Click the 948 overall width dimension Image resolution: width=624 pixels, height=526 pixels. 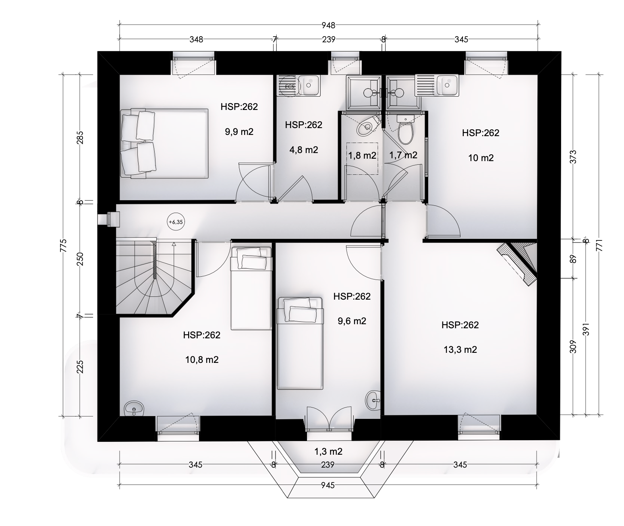[328, 25]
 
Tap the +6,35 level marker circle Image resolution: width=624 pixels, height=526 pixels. [176, 222]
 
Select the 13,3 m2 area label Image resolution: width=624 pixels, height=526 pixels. [460, 349]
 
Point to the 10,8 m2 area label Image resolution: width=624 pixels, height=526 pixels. [202, 360]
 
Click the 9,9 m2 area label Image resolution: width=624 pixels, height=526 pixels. [239, 131]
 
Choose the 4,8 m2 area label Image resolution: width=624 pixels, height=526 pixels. [304, 150]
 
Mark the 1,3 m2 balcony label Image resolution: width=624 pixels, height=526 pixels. [328, 451]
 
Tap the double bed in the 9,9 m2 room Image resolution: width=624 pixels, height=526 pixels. [164, 143]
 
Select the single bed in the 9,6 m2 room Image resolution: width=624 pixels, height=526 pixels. [300, 343]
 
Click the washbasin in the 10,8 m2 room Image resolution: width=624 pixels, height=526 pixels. [134, 408]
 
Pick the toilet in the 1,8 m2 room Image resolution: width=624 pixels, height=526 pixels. [367, 127]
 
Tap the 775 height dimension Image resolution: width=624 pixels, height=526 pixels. [63, 246]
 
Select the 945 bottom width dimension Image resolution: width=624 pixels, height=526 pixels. [328, 485]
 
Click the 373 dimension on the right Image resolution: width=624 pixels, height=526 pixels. [573, 157]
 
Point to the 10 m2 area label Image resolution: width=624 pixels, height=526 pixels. [481, 158]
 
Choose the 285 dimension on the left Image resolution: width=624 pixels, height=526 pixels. [80, 138]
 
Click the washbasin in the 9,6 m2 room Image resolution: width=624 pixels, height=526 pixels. [373, 400]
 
